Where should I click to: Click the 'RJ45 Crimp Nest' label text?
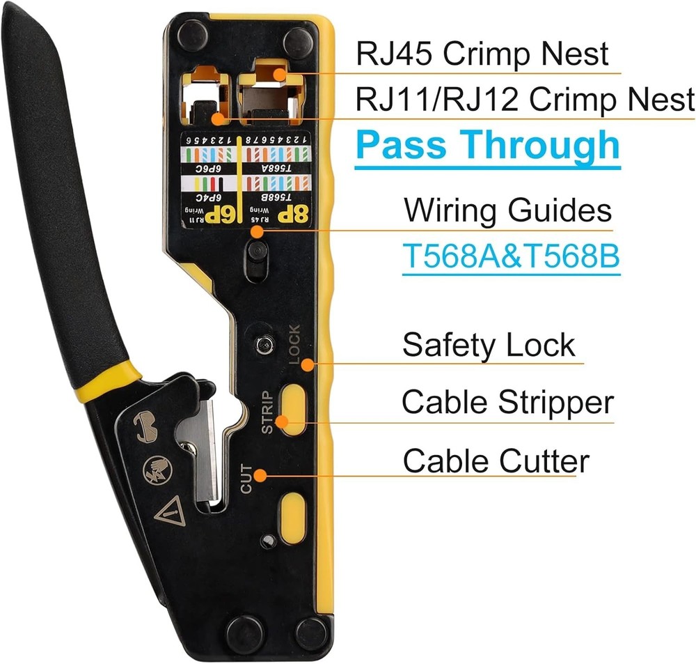[482, 54]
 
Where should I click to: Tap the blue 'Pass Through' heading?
[487, 145]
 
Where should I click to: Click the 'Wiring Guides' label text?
[507, 210]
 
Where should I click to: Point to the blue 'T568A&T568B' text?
[511, 256]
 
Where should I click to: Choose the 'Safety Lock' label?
[489, 345]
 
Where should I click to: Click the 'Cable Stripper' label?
[507, 402]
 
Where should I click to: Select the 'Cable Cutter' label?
[496, 461]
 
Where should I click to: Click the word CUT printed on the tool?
[247, 479]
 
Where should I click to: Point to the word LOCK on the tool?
[292, 344]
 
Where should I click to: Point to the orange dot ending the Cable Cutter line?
[260, 475]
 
